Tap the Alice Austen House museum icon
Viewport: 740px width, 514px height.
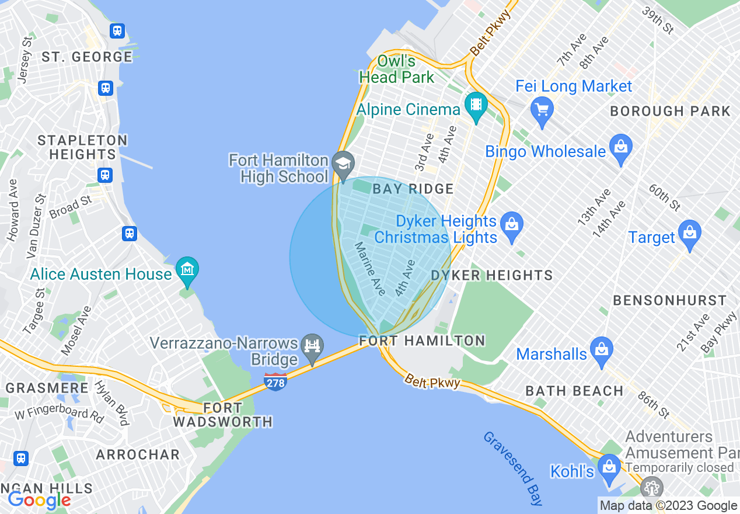click(187, 270)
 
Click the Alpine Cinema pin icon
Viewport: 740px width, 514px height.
click(476, 106)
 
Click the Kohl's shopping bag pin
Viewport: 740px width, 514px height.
click(610, 468)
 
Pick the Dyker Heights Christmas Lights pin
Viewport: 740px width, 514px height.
click(512, 226)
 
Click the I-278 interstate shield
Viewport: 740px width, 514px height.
click(275, 382)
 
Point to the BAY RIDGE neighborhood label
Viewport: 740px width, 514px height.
click(413, 189)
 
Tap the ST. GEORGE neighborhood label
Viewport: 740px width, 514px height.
click(87, 57)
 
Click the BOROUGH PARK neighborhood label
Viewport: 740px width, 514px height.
click(670, 111)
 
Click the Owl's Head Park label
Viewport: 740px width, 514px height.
click(397, 69)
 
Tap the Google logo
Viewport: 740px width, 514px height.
click(39, 499)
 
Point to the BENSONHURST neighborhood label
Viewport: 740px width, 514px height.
click(669, 300)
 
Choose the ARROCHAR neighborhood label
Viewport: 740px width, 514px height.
click(138, 454)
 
